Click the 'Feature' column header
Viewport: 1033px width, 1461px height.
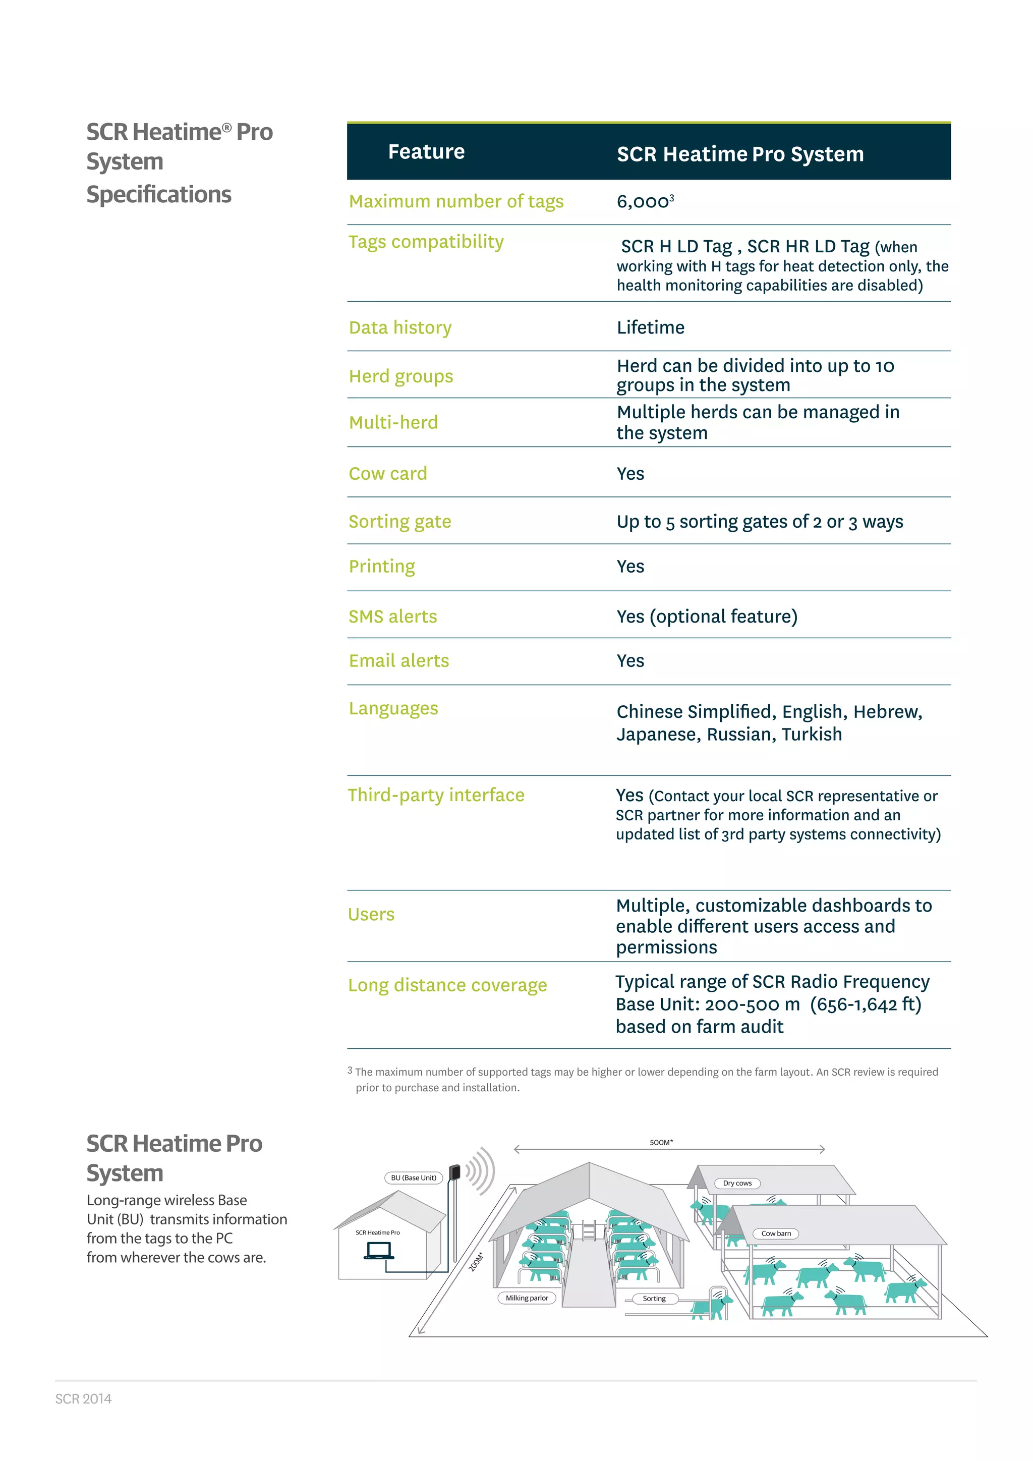coord(426,151)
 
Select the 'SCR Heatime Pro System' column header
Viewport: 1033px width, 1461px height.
coord(740,154)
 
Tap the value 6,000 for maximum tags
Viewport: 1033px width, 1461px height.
coord(644,202)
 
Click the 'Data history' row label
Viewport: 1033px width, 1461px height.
coord(400,328)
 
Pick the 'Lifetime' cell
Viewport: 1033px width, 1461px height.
coord(650,328)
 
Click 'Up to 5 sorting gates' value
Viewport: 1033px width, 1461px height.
coord(760,522)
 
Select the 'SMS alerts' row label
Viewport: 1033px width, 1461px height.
coord(392,616)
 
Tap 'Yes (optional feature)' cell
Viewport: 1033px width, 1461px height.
coord(707,616)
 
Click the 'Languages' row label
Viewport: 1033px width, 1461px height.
coord(393,708)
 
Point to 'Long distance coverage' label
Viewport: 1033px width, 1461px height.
coord(447,985)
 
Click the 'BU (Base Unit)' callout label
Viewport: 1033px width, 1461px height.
coord(414,1178)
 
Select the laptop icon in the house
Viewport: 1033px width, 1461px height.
coord(378,1251)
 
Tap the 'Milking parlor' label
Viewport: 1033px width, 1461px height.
coord(527,1298)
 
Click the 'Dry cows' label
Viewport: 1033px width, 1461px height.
coord(737,1184)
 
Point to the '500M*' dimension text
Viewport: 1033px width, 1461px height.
coord(661,1142)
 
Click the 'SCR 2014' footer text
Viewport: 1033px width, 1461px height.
coord(83,1398)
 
